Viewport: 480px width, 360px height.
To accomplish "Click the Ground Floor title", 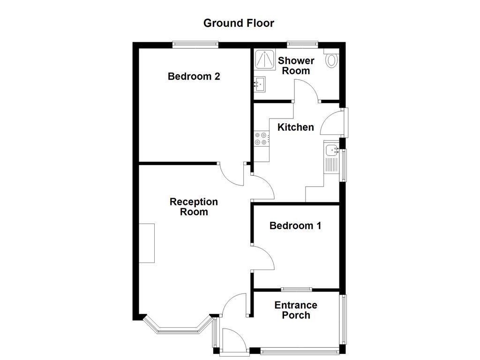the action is [x=239, y=23].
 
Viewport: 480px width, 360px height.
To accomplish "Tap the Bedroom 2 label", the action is [x=194, y=76].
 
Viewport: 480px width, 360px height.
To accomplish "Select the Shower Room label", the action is [x=296, y=66].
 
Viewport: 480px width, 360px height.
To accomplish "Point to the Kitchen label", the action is [x=296, y=127].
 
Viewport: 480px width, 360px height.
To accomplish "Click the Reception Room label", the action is [x=194, y=207].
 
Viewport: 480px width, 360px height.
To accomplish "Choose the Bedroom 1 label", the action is [x=295, y=225].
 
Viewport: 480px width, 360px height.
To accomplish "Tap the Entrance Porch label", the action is [x=296, y=310].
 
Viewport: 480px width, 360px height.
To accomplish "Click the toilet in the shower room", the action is [x=331, y=59].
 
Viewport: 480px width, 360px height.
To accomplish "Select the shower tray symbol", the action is [x=265, y=59].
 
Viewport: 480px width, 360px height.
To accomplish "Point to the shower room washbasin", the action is [x=260, y=84].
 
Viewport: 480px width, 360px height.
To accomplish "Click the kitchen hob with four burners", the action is [x=262, y=138].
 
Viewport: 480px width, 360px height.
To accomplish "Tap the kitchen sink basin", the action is [x=331, y=150].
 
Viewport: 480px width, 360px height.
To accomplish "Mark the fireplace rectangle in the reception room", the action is [x=147, y=243].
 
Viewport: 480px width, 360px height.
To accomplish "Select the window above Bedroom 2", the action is [x=195, y=45].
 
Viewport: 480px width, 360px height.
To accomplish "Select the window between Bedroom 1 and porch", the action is [x=296, y=289].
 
